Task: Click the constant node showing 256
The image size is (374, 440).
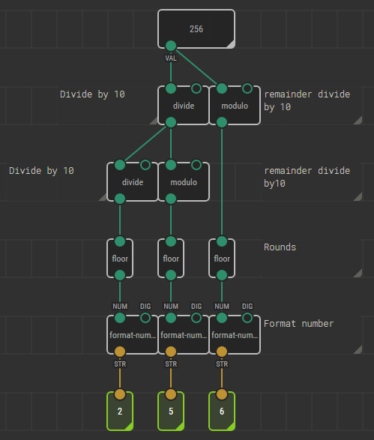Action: [x=196, y=29]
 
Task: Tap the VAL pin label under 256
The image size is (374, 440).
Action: [x=171, y=58]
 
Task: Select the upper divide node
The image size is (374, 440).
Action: [x=184, y=106]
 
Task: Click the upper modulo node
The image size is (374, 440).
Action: [x=235, y=106]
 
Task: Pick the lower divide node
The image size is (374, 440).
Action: [x=133, y=182]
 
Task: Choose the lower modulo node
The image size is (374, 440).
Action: [x=184, y=182]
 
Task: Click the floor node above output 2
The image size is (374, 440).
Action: [x=120, y=259]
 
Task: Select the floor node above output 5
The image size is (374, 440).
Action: [x=171, y=259]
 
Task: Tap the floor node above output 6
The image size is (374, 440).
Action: [x=222, y=259]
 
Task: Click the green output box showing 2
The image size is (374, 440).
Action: [x=120, y=411]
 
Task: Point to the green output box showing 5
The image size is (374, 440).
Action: [x=171, y=411]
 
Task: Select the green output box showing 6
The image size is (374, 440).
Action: [x=222, y=411]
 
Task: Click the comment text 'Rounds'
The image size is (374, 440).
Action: [x=280, y=247]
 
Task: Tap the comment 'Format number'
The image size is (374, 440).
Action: [x=298, y=324]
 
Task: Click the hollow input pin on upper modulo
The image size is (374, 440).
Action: [x=247, y=88]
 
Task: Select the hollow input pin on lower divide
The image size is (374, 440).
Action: [x=145, y=165]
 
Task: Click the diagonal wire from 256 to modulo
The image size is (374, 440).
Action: [x=196, y=67]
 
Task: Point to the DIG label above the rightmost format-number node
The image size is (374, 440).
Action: [x=247, y=306]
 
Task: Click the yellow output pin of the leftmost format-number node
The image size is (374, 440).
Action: [x=120, y=352]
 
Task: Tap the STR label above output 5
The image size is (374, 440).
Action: [x=171, y=364]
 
